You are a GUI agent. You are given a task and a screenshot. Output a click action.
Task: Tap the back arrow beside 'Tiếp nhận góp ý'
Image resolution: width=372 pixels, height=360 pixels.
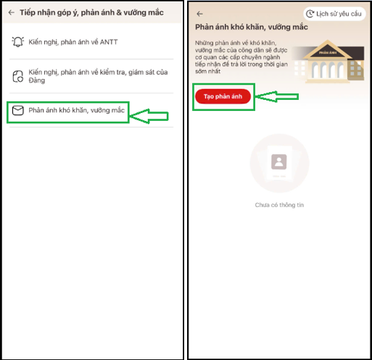tap(12, 12)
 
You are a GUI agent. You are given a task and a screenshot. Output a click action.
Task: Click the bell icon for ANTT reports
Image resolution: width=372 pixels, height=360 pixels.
tap(18, 42)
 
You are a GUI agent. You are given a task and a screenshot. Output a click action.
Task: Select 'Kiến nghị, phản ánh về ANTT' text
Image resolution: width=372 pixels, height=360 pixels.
tap(73, 42)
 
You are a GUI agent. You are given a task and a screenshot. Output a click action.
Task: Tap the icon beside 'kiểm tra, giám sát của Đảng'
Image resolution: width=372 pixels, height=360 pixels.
tap(18, 76)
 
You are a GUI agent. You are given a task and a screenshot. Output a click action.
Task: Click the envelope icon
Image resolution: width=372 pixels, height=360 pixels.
tap(18, 111)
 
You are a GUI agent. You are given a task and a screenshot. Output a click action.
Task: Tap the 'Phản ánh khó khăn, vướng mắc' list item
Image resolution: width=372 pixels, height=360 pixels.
tap(76, 110)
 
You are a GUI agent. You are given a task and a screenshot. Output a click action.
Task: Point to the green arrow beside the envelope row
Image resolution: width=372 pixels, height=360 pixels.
tap(149, 116)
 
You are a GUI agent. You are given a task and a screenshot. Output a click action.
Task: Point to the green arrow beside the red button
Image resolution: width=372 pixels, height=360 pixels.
tap(277, 96)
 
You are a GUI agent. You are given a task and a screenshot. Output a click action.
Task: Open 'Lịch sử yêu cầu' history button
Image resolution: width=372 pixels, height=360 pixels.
tap(334, 14)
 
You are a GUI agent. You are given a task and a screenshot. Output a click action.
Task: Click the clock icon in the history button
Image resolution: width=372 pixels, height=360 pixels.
tap(310, 14)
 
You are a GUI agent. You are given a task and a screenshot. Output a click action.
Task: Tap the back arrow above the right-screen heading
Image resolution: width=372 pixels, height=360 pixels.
tap(199, 14)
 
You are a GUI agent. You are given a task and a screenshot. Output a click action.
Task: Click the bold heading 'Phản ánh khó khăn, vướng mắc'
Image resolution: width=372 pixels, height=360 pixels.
tap(252, 27)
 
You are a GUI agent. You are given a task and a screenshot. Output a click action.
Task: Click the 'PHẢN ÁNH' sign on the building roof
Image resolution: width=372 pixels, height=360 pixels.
tap(328, 53)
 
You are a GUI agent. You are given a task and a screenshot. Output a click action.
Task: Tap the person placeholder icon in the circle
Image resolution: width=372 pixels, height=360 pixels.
tap(279, 162)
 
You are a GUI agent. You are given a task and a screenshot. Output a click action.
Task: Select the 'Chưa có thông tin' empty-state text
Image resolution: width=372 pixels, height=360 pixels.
tap(279, 205)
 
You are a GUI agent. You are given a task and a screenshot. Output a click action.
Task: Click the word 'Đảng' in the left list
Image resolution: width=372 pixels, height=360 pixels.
tap(37, 80)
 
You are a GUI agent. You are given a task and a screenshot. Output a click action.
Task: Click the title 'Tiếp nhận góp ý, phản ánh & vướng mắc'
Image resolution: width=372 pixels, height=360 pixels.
tap(91, 12)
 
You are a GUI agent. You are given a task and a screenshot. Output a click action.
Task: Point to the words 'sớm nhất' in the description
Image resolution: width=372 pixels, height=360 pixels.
tap(207, 71)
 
